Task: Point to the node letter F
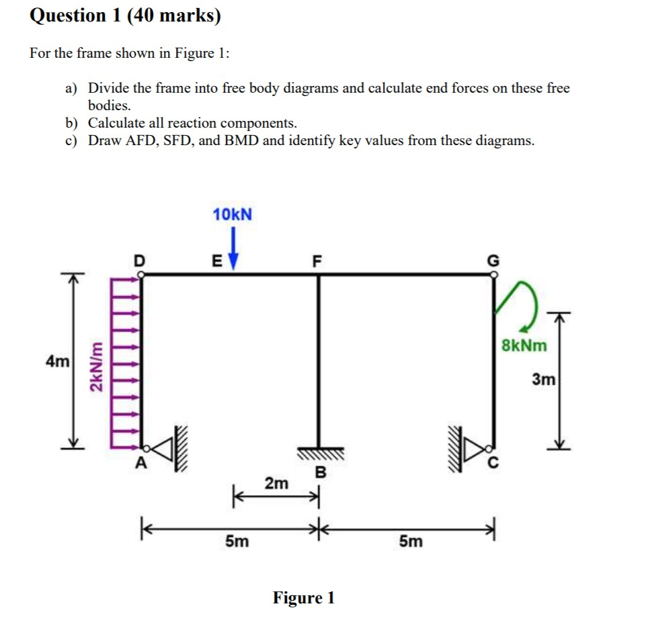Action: pos(318,260)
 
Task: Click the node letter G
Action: pos(495,260)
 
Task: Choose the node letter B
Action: pos(320,472)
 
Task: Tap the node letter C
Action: pos(496,464)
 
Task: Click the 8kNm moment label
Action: pos(524,346)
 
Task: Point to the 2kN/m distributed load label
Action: pos(97,369)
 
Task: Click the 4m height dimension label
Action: pos(56,361)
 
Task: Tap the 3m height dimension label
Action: pos(544,380)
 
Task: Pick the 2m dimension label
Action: pos(276,483)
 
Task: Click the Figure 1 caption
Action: pos(303,597)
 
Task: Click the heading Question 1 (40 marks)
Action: pos(125,15)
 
